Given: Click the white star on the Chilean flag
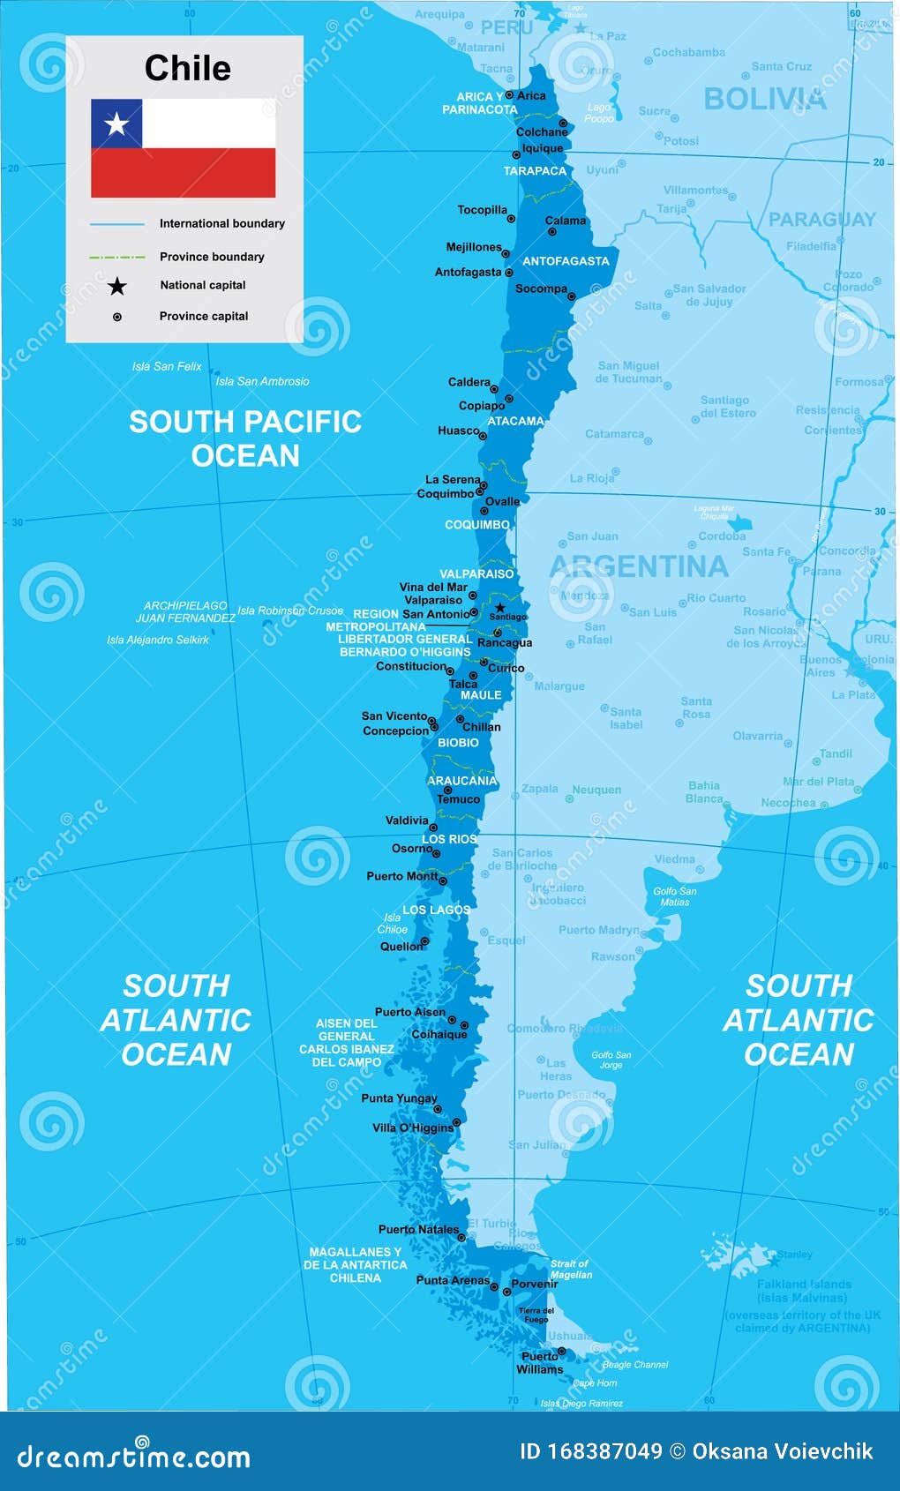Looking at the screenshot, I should [116, 124].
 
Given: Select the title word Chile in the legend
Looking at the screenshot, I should [187, 69].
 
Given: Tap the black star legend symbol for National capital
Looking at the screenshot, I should [116, 286].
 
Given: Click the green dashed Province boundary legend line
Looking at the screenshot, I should [116, 257].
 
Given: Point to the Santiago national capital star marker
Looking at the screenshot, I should [500, 607].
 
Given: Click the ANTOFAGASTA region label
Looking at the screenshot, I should [566, 261].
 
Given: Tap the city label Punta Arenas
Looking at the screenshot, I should [453, 1280].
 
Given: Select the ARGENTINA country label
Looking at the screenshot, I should [639, 566].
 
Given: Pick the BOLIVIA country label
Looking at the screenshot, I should [765, 99].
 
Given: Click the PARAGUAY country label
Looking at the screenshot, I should [821, 220].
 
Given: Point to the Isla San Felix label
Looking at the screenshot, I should [167, 366].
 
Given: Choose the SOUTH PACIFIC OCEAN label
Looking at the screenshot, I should [245, 438].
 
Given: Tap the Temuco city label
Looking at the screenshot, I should [459, 799].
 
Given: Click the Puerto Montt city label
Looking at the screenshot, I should [401, 876].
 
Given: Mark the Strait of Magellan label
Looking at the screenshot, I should [571, 1269].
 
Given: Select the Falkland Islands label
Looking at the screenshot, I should [804, 1285].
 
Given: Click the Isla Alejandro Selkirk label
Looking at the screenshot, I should [158, 640].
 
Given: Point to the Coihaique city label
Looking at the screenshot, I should [439, 1034].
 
